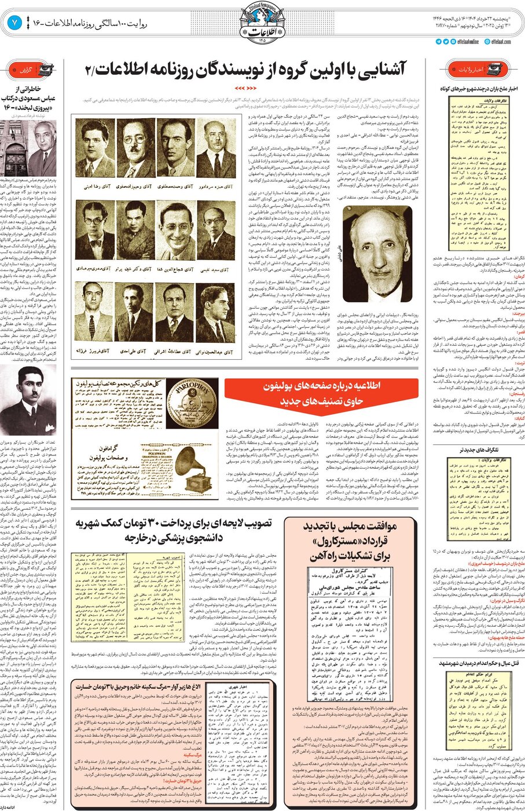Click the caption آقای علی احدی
pos(134,351)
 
